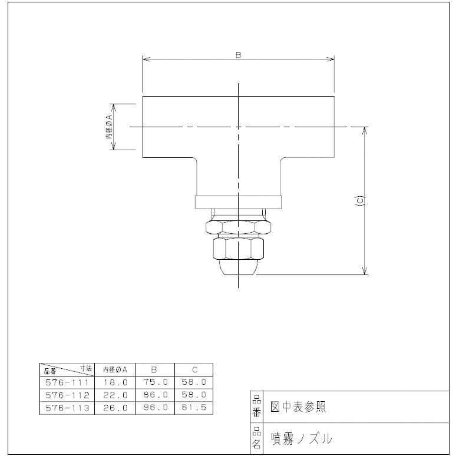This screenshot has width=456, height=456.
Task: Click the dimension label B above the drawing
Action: point(238,54)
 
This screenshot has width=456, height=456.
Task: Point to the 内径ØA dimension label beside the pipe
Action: point(109,127)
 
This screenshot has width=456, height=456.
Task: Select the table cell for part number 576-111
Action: point(67,382)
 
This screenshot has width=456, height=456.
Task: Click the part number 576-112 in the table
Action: point(67,395)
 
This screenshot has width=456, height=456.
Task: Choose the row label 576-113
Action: point(67,407)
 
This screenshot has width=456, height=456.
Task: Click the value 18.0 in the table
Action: point(115,382)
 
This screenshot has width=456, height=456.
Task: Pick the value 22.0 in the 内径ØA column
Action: point(115,395)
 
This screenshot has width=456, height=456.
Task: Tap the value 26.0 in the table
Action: point(115,407)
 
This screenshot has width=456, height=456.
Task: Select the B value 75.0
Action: point(154,382)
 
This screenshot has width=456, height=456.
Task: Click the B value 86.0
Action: point(154,395)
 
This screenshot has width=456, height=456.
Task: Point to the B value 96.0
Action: point(154,407)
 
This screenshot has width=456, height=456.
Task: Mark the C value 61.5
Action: point(194,407)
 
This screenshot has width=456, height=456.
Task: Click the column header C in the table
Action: point(194,369)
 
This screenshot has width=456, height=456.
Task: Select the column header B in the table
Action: point(154,369)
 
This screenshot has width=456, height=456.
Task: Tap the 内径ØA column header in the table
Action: point(115,369)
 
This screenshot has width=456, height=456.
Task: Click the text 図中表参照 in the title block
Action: point(298,407)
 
